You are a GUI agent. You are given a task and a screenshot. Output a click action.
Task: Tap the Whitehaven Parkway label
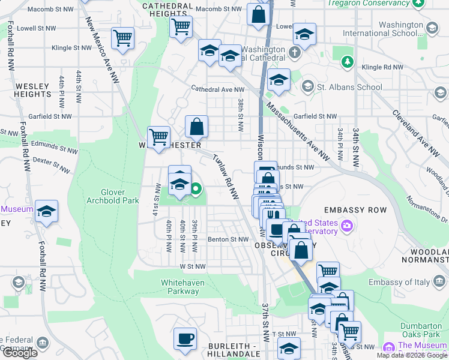[179, 287]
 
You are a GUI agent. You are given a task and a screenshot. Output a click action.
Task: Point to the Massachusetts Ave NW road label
[298, 131]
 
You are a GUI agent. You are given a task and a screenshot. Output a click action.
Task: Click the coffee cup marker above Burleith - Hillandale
[185, 338]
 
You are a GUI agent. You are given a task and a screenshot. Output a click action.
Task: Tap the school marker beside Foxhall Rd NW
[46, 212]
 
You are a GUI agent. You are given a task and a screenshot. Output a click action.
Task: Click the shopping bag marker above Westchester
[196, 127]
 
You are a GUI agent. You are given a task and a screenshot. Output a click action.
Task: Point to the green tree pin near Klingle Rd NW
[346, 61]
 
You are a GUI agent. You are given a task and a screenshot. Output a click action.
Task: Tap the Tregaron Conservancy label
[371, 4]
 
